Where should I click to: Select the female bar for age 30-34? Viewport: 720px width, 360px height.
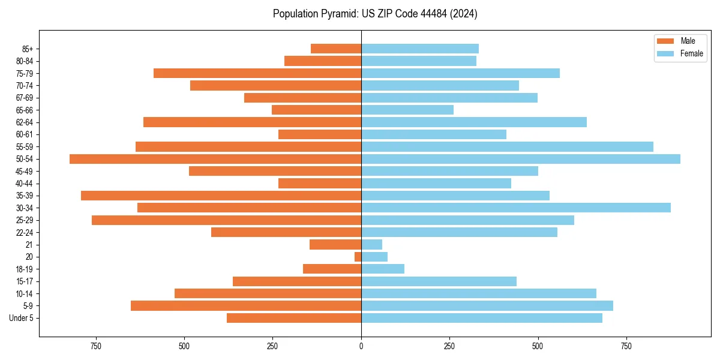coord(515,208)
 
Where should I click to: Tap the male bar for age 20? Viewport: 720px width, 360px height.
coord(358,257)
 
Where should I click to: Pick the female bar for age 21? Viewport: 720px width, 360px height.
coord(371,244)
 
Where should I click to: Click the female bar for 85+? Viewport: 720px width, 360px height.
coord(419,49)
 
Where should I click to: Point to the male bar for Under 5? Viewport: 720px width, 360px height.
coord(293,318)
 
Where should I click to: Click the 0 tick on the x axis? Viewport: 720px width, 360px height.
coord(361,346)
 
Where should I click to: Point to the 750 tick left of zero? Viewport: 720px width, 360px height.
coord(95,346)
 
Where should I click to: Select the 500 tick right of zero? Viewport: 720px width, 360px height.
coord(538,346)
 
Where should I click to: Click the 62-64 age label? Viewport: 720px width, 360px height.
coord(25,122)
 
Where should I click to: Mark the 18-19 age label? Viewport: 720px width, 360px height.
coord(25,269)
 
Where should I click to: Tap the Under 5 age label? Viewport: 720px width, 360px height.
coord(22,318)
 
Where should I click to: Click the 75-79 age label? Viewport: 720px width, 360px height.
coord(25,73)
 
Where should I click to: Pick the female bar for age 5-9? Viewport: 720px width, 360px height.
coord(487,306)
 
